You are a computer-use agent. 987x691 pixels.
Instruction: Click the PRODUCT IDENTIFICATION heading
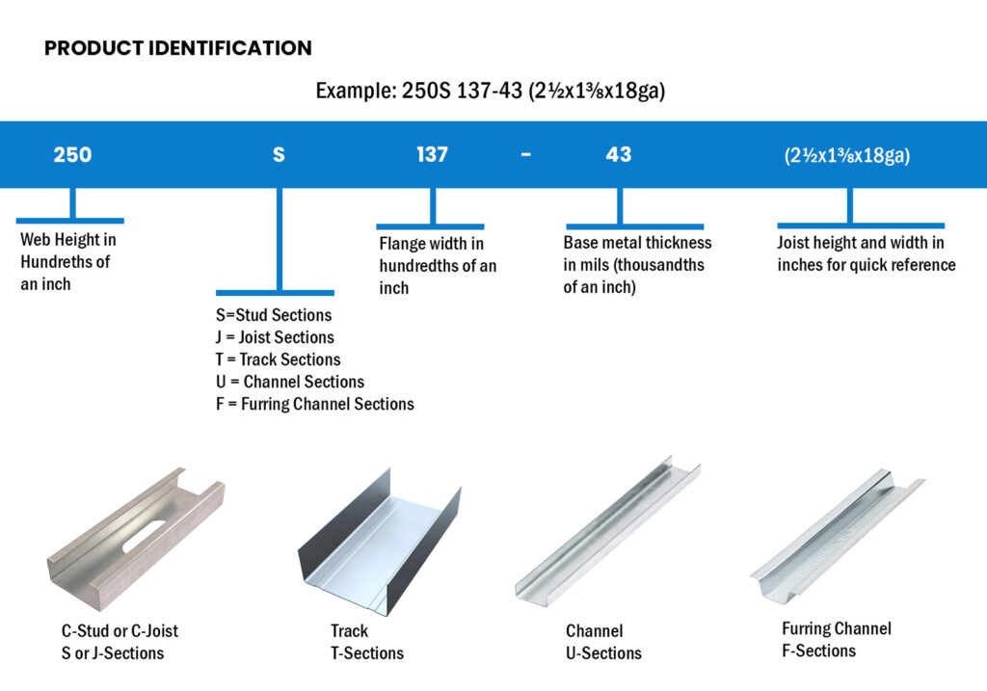[x=177, y=48]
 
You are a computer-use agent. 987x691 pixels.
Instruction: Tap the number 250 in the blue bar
[x=72, y=154]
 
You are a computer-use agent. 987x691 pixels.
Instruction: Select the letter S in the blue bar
[x=279, y=154]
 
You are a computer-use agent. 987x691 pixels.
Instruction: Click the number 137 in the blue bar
[x=432, y=154]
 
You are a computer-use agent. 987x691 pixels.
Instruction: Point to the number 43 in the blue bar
[x=618, y=154]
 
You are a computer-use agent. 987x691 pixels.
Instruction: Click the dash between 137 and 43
[x=525, y=154]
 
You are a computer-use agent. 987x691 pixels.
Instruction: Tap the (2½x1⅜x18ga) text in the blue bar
[x=847, y=155]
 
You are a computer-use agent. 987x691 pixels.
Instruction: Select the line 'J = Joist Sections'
[x=275, y=337]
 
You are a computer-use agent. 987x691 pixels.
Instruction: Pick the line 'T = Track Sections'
[x=278, y=359]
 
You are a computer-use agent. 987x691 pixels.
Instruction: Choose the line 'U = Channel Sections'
[x=290, y=382]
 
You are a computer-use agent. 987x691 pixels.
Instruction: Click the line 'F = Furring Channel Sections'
[x=314, y=404]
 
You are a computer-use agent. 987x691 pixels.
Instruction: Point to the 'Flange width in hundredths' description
[x=437, y=266]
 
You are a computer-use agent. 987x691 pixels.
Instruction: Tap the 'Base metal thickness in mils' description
[x=637, y=265]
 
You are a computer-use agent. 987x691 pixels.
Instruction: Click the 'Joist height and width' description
[x=866, y=253]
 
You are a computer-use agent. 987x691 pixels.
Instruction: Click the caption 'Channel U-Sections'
[x=603, y=642]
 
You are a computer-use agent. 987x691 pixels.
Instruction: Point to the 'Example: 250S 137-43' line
[x=491, y=92]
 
